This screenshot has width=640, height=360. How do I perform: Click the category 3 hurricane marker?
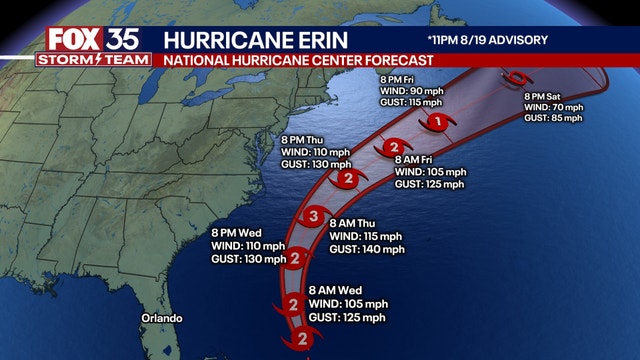click(313, 217)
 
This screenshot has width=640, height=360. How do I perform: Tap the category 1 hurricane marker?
click(436, 122)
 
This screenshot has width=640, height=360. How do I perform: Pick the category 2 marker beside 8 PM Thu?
click(347, 180)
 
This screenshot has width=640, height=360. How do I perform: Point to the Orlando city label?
click(161, 318)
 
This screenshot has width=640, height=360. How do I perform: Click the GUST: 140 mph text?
click(366, 249)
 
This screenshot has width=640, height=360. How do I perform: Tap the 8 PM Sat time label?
click(547, 96)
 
